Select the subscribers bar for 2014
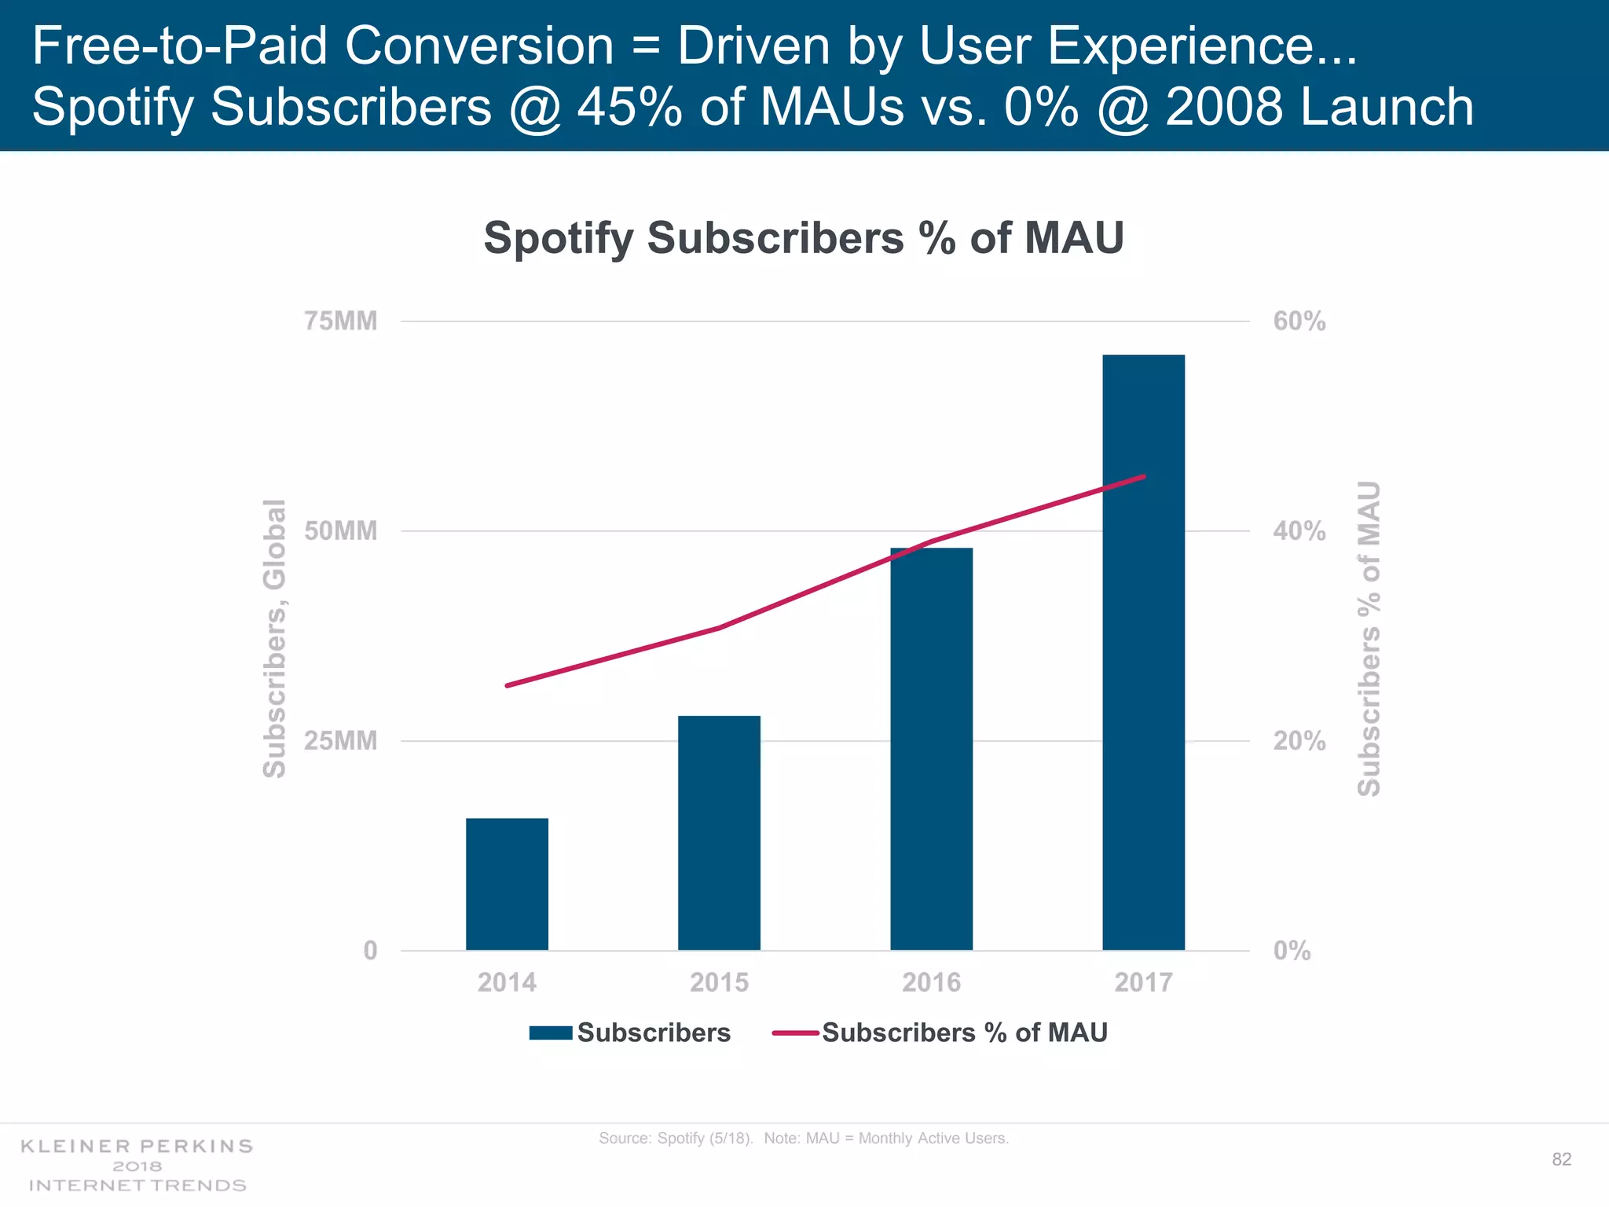pyautogui.click(x=507, y=884)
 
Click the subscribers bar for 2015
pyautogui.click(x=719, y=833)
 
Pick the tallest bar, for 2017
pyautogui.click(x=1143, y=652)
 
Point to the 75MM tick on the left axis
pyautogui.click(x=340, y=321)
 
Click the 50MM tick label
pyautogui.click(x=340, y=531)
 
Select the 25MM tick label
pyautogui.click(x=340, y=741)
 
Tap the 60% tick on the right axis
pyautogui.click(x=1299, y=321)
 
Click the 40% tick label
pyautogui.click(x=1299, y=531)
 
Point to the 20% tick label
pyautogui.click(x=1299, y=741)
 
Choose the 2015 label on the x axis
pyautogui.click(x=719, y=982)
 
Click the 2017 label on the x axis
pyautogui.click(x=1143, y=982)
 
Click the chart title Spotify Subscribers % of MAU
pyautogui.click(x=804, y=237)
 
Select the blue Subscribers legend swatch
pyautogui.click(x=550, y=1033)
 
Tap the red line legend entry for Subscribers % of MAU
pyautogui.click(x=796, y=1033)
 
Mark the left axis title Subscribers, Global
pyautogui.click(x=274, y=638)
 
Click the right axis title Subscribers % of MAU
pyautogui.click(x=1369, y=638)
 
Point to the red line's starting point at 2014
pyautogui.click(x=508, y=686)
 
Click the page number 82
pyautogui.click(x=1561, y=1160)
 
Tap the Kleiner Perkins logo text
pyautogui.click(x=137, y=1165)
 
